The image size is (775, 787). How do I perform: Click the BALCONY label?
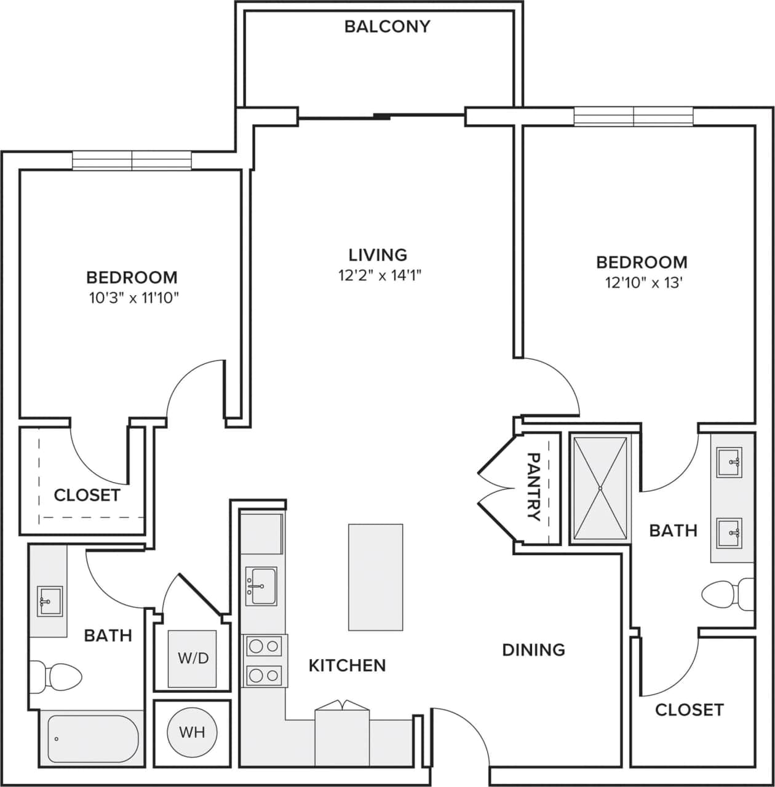(x=387, y=26)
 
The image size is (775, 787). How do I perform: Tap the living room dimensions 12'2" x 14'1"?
(x=378, y=275)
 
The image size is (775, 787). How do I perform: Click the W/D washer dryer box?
(x=193, y=658)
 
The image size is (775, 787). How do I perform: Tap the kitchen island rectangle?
(x=375, y=577)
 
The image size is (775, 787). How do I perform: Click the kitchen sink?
(x=261, y=586)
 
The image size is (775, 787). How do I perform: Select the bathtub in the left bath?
(x=93, y=738)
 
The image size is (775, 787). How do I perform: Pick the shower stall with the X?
(x=600, y=488)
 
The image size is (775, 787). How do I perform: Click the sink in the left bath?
(x=49, y=601)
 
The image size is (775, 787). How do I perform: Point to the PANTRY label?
(x=533, y=486)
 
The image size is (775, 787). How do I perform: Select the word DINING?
(x=533, y=649)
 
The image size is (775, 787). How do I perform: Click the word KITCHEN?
(x=347, y=665)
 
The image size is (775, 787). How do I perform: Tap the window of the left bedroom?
(x=132, y=160)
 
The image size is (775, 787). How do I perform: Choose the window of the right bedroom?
(x=634, y=116)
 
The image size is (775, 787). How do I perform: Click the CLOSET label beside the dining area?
(x=689, y=710)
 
